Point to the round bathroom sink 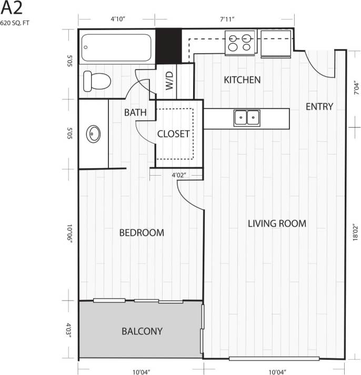(x=94, y=134)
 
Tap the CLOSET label (x=173, y=134)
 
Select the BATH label (x=135, y=112)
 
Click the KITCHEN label (x=242, y=80)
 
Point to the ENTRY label (x=319, y=107)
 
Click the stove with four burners (x=240, y=42)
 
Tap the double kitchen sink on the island (x=247, y=117)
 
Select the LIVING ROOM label (x=277, y=224)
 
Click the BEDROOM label (x=141, y=233)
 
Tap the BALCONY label (x=142, y=332)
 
